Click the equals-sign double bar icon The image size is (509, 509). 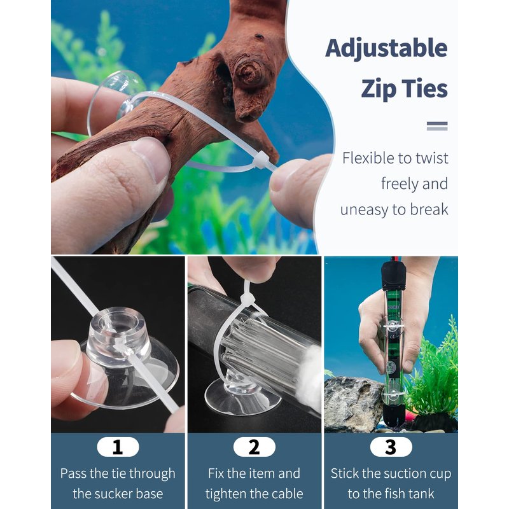point(437,126)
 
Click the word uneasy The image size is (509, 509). point(363,210)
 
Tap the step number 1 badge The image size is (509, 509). point(118,447)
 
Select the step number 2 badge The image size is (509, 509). point(254,447)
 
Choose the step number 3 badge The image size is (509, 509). point(391,447)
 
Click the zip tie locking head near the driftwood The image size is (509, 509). point(261,161)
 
